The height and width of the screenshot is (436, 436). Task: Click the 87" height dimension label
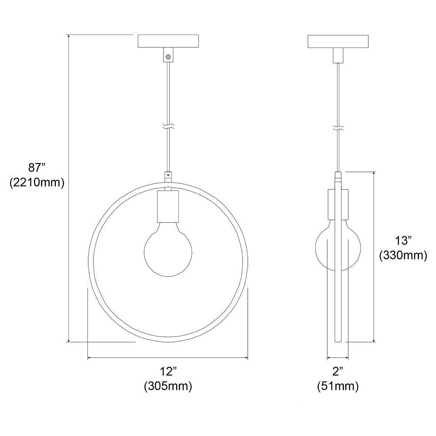[37, 168]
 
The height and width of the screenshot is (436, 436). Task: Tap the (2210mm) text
[37, 183]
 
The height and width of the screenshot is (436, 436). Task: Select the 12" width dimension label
[168, 371]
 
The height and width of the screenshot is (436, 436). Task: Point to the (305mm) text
[168, 386]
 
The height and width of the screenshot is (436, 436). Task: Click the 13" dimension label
[403, 240]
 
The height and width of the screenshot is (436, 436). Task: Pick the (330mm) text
[403, 255]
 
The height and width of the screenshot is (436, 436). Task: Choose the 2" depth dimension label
[338, 371]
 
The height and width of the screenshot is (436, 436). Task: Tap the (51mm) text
[338, 386]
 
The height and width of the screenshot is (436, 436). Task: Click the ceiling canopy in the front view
[168, 41]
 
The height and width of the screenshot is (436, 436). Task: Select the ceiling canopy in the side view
[338, 41]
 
